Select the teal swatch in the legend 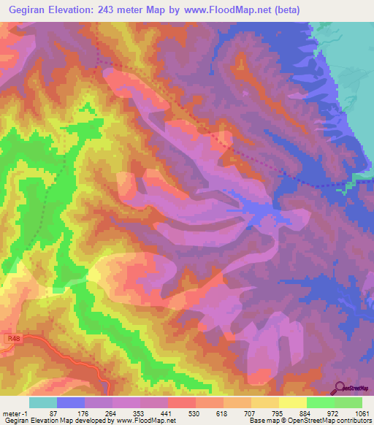43,402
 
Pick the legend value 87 53,413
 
